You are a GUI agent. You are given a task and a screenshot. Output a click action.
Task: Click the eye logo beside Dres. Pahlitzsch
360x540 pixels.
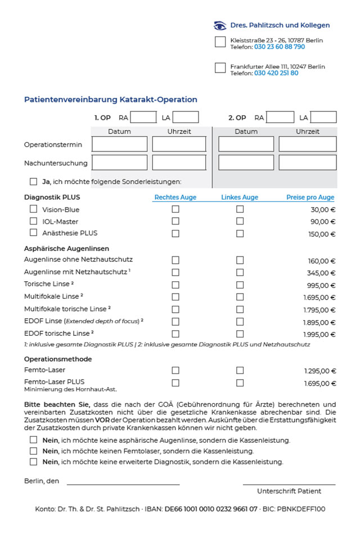(220, 25)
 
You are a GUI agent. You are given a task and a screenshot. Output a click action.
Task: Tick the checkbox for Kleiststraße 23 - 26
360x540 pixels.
(220, 42)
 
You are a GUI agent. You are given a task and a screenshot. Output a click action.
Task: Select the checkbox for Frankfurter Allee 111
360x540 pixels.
(220, 68)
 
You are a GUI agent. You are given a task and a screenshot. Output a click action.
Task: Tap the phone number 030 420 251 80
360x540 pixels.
(276, 73)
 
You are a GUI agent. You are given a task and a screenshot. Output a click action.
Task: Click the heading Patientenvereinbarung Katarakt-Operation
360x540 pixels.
(111, 100)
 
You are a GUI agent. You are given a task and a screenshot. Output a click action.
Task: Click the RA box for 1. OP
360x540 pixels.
(143, 118)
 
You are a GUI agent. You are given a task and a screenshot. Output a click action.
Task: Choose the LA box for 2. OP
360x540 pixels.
(323, 118)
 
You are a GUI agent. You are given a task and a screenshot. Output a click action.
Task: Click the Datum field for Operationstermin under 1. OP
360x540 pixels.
(119, 144)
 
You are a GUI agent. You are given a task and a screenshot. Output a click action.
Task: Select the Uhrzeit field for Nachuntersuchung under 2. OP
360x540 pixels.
(308, 163)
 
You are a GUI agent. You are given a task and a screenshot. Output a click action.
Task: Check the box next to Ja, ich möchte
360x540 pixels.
(34, 182)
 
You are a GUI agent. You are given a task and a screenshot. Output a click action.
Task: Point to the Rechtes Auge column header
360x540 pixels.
(175, 197)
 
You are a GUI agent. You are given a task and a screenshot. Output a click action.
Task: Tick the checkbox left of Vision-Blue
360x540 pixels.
(34, 209)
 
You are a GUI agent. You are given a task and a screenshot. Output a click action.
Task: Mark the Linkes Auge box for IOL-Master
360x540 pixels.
(240, 221)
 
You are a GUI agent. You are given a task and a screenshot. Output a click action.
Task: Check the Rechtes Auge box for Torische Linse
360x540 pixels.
(175, 285)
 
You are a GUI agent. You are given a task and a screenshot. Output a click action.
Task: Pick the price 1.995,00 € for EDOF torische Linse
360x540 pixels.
(319, 334)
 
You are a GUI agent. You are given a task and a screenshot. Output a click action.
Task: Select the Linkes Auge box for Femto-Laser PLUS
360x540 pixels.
(240, 382)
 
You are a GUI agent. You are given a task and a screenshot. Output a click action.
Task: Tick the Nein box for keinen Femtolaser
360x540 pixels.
(34, 451)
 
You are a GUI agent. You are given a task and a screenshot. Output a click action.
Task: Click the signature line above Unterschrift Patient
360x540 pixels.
(289, 484)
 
